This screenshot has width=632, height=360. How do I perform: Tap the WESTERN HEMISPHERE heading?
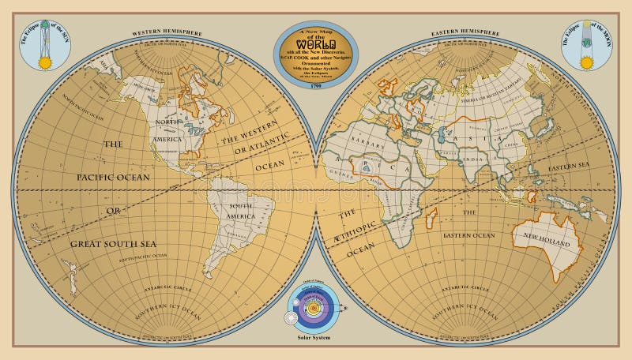(167, 33)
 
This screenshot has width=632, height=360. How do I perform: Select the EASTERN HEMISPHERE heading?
(465, 33)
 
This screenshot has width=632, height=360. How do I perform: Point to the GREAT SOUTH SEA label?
(115, 244)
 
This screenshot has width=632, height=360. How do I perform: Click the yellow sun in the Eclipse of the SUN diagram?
(45, 61)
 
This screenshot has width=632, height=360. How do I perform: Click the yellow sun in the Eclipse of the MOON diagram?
(587, 59)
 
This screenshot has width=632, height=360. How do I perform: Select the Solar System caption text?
(315, 337)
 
